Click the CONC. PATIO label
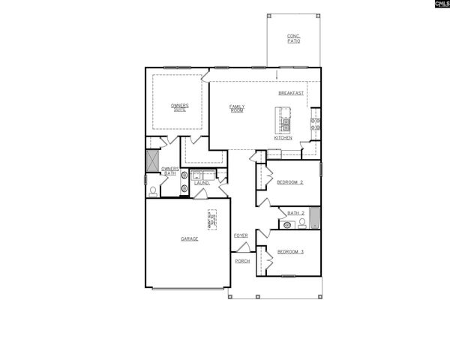coord(293,39)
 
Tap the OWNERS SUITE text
coord(179,108)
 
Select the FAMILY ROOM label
coord(237,108)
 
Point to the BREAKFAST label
coord(291,93)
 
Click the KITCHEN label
coord(283,138)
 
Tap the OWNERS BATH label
coord(169,171)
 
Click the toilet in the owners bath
coord(153,191)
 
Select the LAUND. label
coord(201,183)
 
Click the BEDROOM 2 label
coord(289,182)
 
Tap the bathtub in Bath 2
coord(315,217)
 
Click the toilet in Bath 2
coord(301,223)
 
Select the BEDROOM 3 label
coord(289,251)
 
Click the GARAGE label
coord(189,238)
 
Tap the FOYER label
coord(241,235)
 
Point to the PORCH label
coord(241,261)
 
